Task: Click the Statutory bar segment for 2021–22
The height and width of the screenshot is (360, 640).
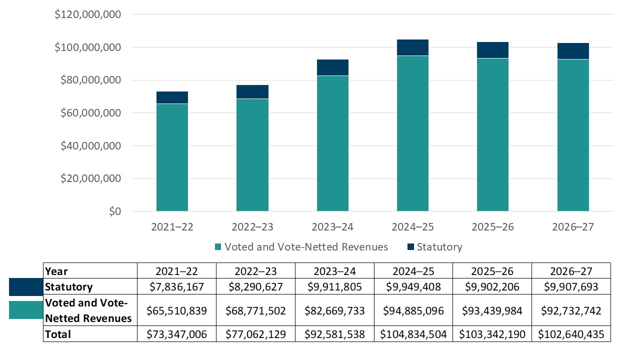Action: [172, 97]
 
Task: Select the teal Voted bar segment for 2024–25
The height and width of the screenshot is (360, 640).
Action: [412, 133]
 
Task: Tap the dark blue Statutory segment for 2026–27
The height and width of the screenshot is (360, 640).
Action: [573, 51]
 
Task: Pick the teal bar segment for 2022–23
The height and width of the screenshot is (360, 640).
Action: [252, 155]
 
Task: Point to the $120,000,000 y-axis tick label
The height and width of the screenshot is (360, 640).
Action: [88, 14]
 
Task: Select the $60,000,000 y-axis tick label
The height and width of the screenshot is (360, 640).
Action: [91, 113]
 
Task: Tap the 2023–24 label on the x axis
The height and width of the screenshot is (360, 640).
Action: [332, 227]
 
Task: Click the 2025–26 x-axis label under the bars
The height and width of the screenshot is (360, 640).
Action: [492, 227]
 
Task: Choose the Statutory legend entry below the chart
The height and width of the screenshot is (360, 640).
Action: [434, 247]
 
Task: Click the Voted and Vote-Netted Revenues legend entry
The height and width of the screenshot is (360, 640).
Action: [301, 247]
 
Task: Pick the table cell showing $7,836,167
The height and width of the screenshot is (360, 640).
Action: [176, 287]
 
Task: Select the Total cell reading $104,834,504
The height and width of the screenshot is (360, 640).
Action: [413, 334]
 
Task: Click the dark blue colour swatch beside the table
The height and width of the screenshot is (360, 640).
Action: [26, 287]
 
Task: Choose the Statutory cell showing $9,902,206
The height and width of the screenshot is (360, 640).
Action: [492, 287]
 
